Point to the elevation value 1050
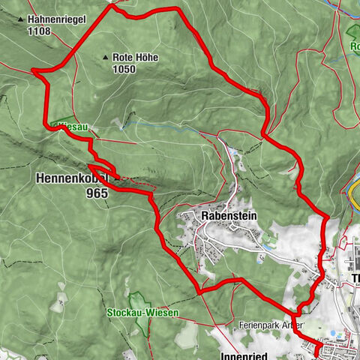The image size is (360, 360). pos(124,69)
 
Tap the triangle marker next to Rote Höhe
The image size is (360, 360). pos(105,57)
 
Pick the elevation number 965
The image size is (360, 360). pos(97,193)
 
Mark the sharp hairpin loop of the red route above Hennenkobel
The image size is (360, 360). pos(91,166)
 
